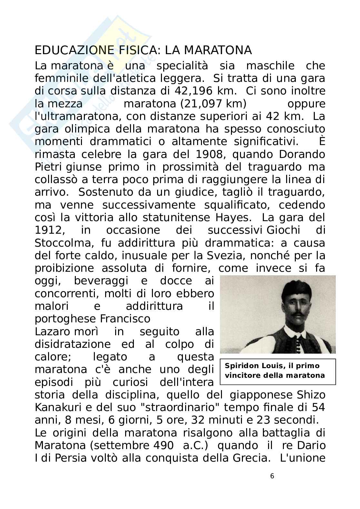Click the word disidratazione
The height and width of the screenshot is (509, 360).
(73, 344)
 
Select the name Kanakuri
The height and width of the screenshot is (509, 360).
(57, 407)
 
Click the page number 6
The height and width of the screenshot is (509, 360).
(272, 476)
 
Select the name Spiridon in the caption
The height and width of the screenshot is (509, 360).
(240, 366)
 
